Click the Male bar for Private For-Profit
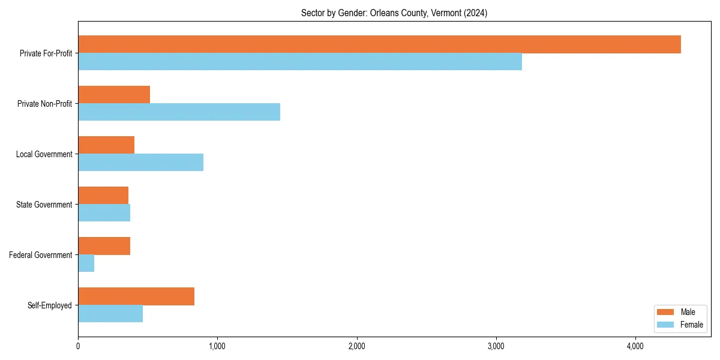[x=379, y=44]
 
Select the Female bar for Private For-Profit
[x=300, y=62]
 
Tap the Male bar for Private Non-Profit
[x=114, y=95]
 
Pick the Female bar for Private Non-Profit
[x=179, y=112]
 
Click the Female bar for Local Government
[x=140, y=163]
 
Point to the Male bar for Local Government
[x=106, y=145]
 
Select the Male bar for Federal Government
[x=104, y=246]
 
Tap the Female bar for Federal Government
[x=86, y=263]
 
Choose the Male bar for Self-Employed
[x=136, y=296]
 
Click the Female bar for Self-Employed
[x=110, y=314]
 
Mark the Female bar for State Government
[x=104, y=213]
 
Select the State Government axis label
[x=44, y=205]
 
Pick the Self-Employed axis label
[x=49, y=305]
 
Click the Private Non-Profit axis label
[x=44, y=104]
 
